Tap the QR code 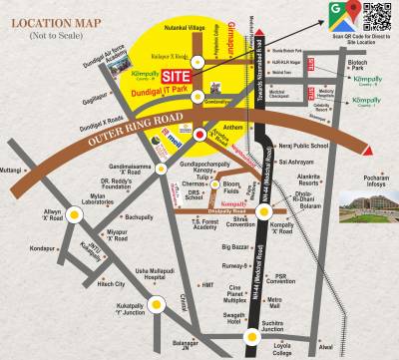click(378, 18)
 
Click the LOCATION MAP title click(48, 20)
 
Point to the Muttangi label click(10, 171)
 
